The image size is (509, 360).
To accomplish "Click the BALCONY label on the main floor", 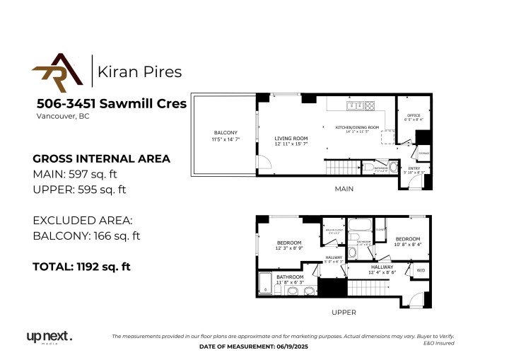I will click(226, 133).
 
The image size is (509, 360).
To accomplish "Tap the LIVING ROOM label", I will click(291, 138).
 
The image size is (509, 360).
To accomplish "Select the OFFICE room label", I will click(413, 117).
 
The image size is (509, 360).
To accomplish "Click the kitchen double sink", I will click(352, 106).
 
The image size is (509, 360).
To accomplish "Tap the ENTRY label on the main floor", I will click(414, 168).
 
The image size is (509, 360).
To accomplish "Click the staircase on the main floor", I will click(338, 168).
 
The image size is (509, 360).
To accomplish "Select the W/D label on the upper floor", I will click(421, 269).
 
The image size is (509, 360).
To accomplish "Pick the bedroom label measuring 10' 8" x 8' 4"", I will click(407, 240).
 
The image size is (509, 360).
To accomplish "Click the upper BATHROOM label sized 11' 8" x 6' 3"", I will click(290, 277).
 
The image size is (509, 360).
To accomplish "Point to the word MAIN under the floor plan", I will click(344, 189).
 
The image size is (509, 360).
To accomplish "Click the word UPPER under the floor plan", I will click(344, 312).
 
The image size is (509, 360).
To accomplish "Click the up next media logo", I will click(49, 337).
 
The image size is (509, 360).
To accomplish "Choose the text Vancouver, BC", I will click(63, 116).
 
